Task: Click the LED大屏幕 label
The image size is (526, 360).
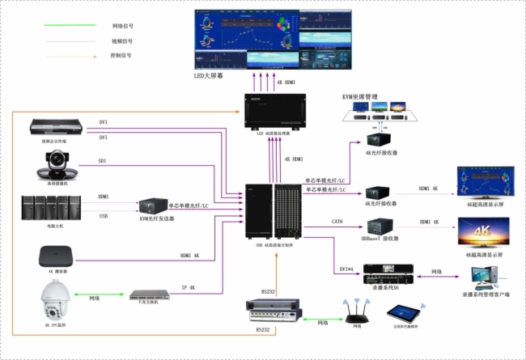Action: pyautogui.click(x=209, y=75)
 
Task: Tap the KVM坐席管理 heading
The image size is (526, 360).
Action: pyautogui.click(x=360, y=97)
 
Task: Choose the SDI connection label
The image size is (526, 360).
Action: pyautogui.click(x=103, y=161)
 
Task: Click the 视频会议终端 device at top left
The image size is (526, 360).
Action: pyautogui.click(x=57, y=126)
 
